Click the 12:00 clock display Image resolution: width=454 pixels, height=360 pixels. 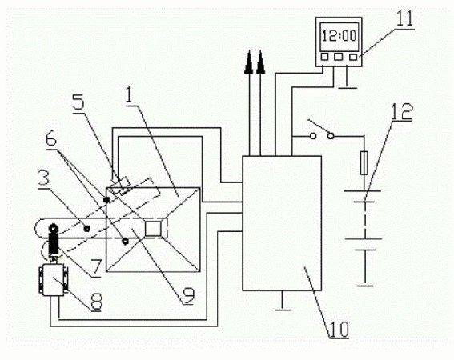click(x=339, y=37)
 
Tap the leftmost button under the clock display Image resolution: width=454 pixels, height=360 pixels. click(x=324, y=57)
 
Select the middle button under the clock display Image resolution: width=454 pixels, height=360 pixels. click(x=338, y=57)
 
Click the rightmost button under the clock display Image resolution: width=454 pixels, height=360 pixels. click(x=352, y=57)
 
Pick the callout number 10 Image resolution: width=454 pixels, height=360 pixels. click(x=339, y=330)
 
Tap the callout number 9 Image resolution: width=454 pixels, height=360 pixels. click(x=189, y=295)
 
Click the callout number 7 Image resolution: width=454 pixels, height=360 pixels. click(x=97, y=268)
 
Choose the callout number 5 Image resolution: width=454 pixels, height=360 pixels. click(x=78, y=102)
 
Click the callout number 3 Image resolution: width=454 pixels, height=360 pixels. click(x=44, y=178)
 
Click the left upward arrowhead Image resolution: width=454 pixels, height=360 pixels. click(x=249, y=62)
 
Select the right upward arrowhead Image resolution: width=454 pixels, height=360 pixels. click(x=260, y=62)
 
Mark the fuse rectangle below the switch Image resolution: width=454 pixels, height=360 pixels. click(x=364, y=163)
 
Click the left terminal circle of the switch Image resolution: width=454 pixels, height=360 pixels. click(x=313, y=135)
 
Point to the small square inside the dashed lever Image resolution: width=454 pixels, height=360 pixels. click(x=153, y=230)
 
